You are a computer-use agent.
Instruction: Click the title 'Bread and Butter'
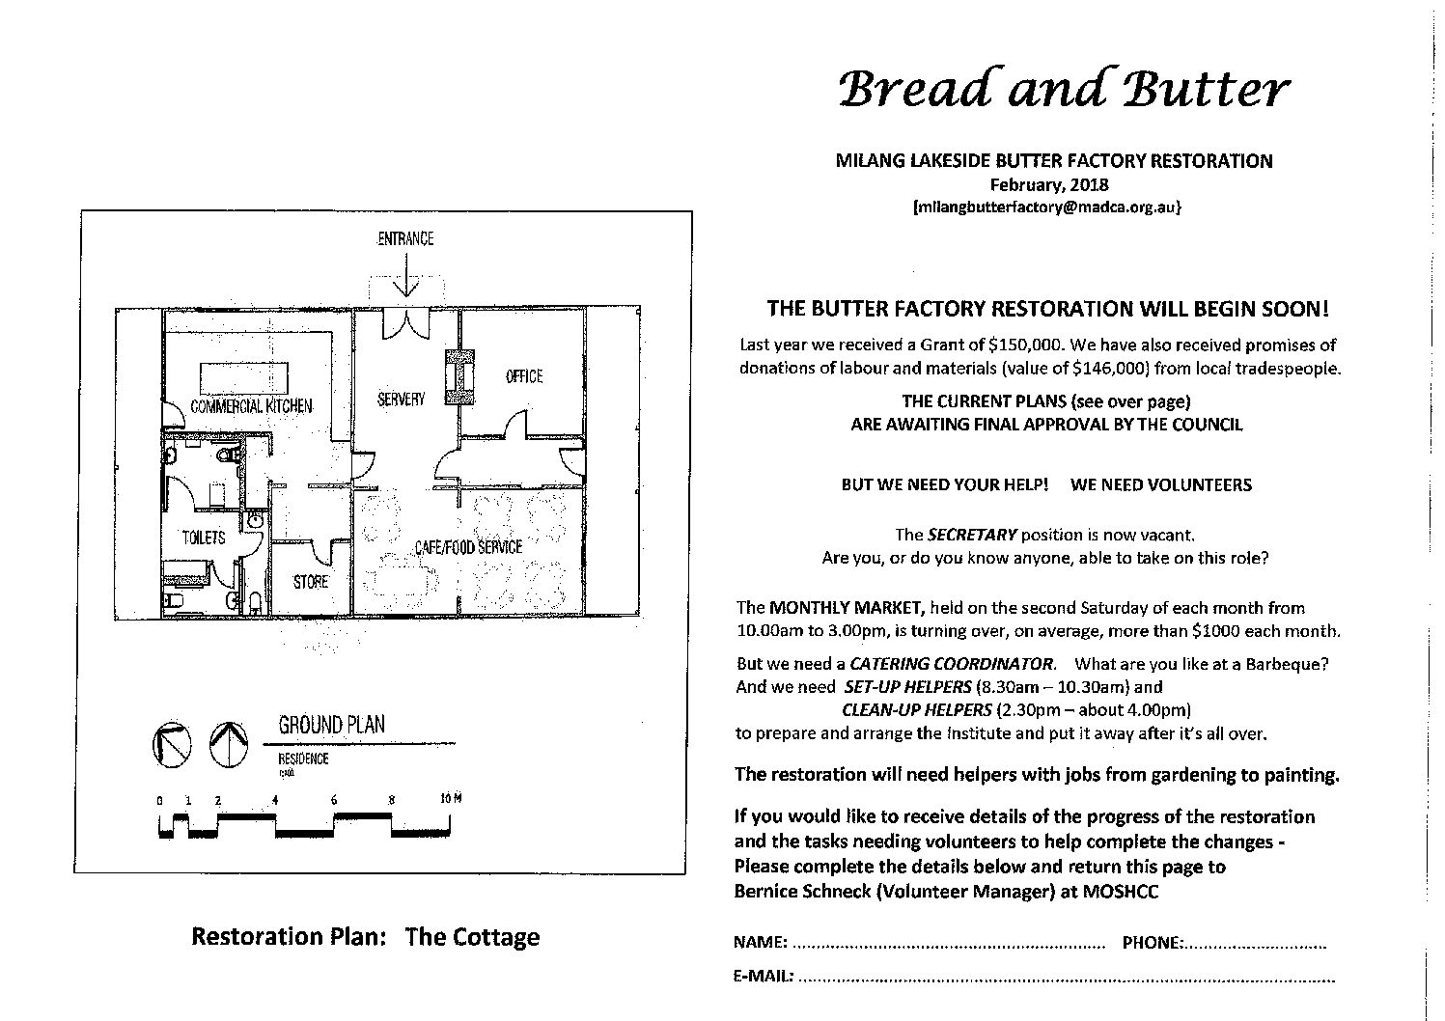point(1065,89)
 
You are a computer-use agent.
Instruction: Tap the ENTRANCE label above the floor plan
point(405,238)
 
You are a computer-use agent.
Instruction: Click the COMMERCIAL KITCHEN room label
point(251,406)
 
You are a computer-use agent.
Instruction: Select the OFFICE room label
point(524,376)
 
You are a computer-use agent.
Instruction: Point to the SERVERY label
point(401,399)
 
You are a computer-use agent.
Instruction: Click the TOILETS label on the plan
point(204,537)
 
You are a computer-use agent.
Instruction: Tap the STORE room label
point(311,582)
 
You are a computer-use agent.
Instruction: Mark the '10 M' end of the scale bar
point(451,799)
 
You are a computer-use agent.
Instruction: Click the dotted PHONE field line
point(1256,944)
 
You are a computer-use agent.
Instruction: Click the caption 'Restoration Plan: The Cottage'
point(366,937)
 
